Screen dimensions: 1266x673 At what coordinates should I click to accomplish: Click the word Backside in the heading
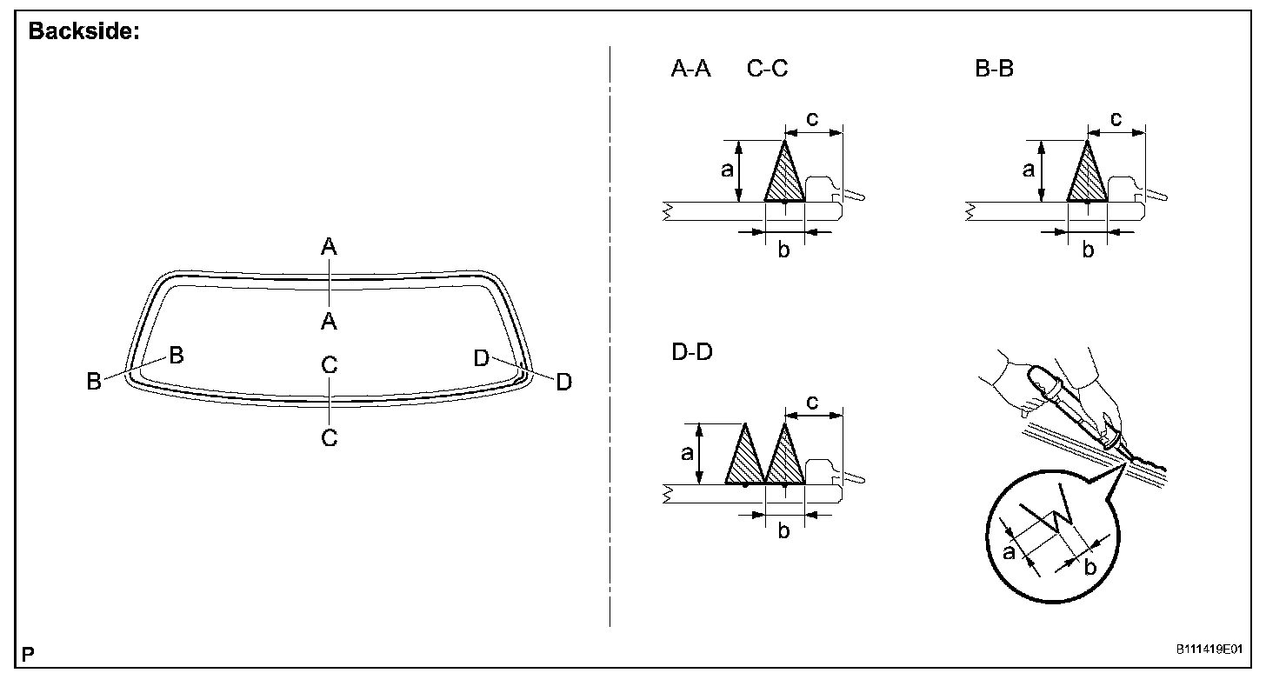click(x=80, y=31)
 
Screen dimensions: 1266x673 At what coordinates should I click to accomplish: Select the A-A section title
click(x=690, y=69)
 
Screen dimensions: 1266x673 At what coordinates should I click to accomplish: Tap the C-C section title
click(x=767, y=69)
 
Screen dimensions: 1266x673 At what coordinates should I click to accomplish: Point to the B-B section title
click(x=994, y=69)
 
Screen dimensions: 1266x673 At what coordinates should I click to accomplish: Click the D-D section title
click(x=692, y=352)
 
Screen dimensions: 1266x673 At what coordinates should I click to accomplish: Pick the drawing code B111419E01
click(x=1209, y=650)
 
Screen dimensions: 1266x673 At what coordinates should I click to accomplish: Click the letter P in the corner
click(x=28, y=655)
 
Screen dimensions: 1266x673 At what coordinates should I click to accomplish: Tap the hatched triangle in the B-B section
click(x=1088, y=172)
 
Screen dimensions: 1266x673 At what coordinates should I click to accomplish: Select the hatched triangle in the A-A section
click(x=784, y=172)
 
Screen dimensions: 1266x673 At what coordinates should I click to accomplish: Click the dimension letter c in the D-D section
click(x=812, y=402)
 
